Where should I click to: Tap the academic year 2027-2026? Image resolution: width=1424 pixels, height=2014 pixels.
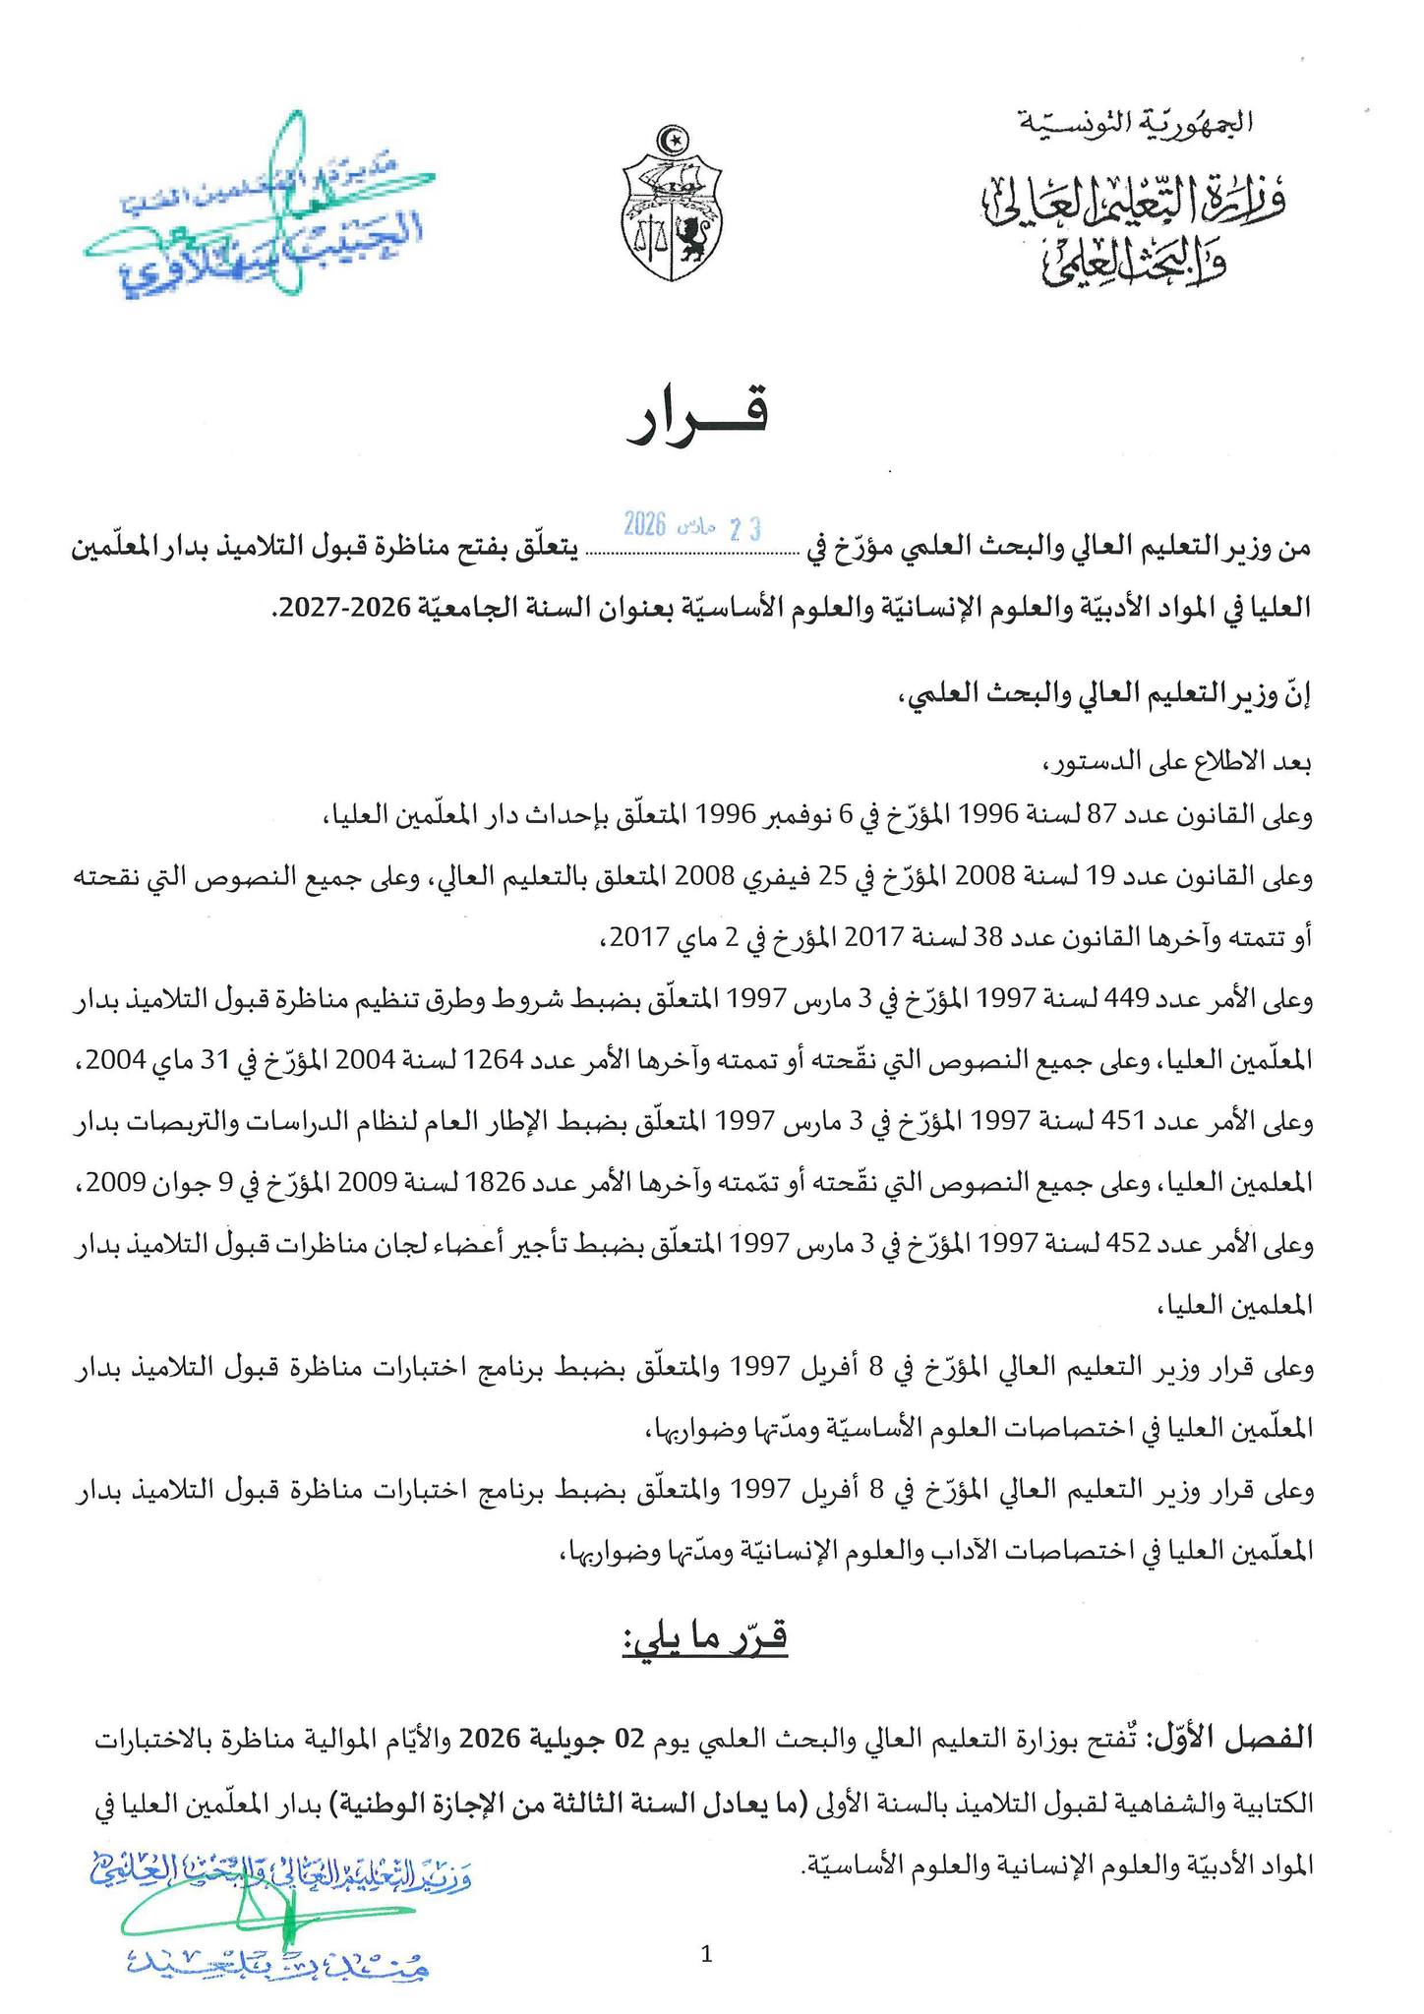[x=328, y=609]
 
